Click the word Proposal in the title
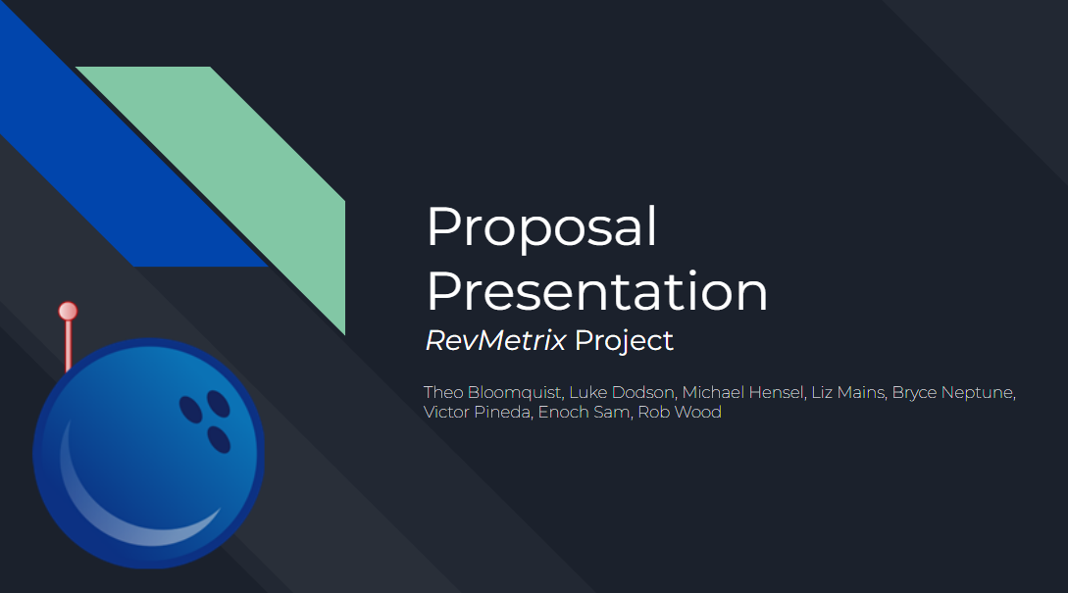pyautogui.click(x=541, y=227)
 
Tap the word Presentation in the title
pyautogui.click(x=596, y=292)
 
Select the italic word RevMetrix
pyautogui.click(x=495, y=341)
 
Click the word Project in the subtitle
pyautogui.click(x=624, y=341)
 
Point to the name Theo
pyautogui.click(x=443, y=393)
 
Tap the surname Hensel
pyautogui.click(x=776, y=393)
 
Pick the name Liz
pyautogui.click(x=822, y=393)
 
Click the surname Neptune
pyautogui.click(x=977, y=393)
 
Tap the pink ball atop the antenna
pyautogui.click(x=68, y=312)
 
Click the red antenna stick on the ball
pyautogui.click(x=68, y=344)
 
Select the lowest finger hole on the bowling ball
pyautogui.click(x=219, y=440)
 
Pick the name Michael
pyautogui.click(x=713, y=393)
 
